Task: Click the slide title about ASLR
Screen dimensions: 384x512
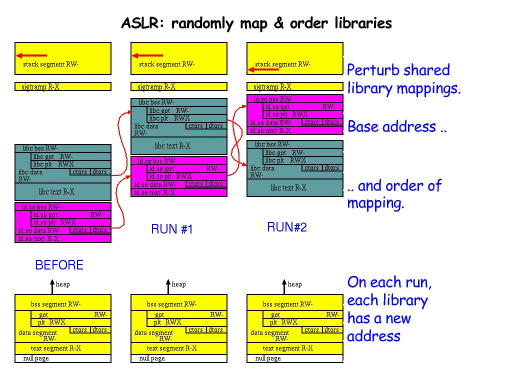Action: coord(256,23)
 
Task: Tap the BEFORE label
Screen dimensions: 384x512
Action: coord(59,265)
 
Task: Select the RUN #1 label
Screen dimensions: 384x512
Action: coord(171,229)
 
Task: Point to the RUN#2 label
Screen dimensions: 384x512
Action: coord(287,227)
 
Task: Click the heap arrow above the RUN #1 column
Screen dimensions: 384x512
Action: coord(167,286)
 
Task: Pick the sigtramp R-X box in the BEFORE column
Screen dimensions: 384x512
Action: coord(63,86)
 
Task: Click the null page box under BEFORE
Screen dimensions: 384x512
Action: coord(63,358)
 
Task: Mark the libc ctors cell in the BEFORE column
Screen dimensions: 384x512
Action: coord(80,172)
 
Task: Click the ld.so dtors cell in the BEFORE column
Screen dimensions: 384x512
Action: coord(100,230)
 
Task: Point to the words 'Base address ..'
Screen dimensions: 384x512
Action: coord(397,126)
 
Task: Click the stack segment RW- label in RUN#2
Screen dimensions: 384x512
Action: coord(283,64)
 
